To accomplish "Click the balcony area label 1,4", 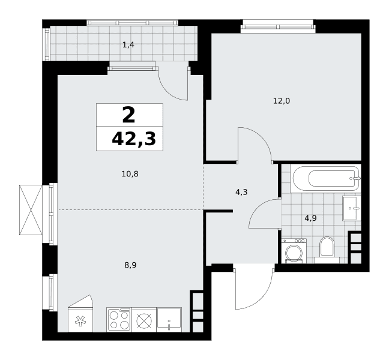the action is point(128,45).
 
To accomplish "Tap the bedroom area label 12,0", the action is point(282,101).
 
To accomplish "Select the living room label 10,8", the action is point(130,174).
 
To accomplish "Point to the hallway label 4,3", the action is point(241,192).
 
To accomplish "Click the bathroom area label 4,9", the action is point(310,218).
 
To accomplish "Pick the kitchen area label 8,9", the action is point(130,265).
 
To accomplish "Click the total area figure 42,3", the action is point(134,139).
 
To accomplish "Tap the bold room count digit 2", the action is point(128,115).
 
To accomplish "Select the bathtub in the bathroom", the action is point(326,179).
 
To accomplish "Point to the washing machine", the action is point(294,251).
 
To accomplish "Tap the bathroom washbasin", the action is point(352,208).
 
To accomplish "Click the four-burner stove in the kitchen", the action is point(119,320).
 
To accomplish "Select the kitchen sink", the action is point(169,320).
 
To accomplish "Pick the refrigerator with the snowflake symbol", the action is point(80,314).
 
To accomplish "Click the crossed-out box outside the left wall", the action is point(31,210).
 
